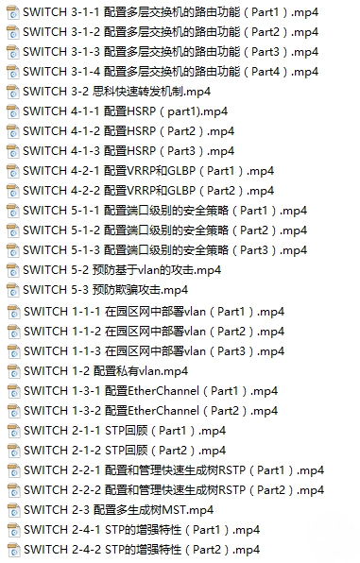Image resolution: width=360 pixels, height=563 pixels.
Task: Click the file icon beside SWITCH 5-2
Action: click(x=12, y=269)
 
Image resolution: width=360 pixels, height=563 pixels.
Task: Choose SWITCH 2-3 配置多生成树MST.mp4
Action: click(x=119, y=510)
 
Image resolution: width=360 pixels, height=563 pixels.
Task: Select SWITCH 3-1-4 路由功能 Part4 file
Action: click(x=171, y=71)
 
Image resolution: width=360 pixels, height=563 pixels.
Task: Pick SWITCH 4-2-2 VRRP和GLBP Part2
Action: click(x=148, y=191)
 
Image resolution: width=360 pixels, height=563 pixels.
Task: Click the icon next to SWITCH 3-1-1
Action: click(x=12, y=10)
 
